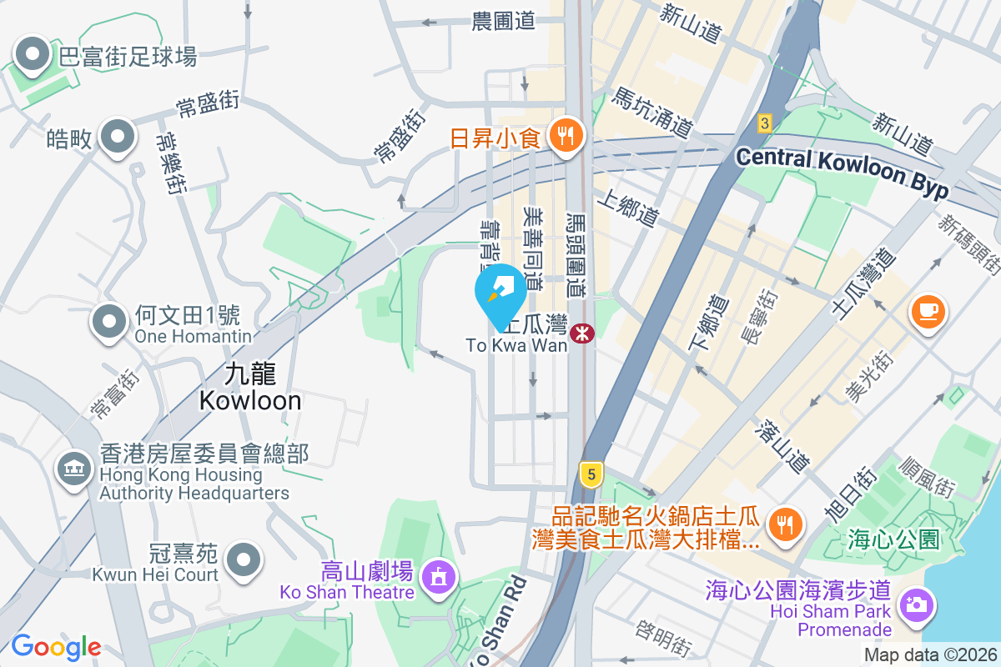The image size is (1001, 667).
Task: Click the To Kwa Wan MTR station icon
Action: [582, 333]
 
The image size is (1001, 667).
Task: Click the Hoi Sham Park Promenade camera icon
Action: [916, 602]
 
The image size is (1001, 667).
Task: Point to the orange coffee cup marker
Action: [928, 312]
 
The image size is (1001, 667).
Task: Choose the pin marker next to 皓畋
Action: [118, 137]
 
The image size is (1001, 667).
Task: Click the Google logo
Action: [56, 646]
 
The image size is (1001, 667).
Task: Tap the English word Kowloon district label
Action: [250, 401]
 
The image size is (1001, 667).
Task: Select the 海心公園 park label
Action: [893, 539]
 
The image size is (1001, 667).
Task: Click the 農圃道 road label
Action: [503, 22]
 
